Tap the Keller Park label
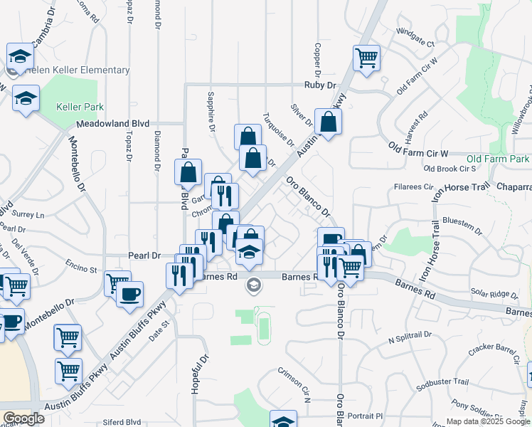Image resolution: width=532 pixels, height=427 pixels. [80, 107]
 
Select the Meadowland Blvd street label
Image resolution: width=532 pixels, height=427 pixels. [113, 123]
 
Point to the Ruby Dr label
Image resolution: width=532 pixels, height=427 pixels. [319, 85]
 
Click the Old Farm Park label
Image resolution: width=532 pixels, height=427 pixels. [499, 158]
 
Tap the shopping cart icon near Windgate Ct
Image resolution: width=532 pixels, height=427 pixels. [366, 58]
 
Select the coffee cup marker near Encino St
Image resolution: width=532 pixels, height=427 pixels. [129, 295]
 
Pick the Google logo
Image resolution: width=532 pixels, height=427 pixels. [23, 418]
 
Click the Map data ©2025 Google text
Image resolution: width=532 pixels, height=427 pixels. [488, 421]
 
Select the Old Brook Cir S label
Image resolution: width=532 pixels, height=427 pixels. [449, 169]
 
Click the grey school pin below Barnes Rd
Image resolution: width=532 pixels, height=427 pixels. [252, 286]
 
